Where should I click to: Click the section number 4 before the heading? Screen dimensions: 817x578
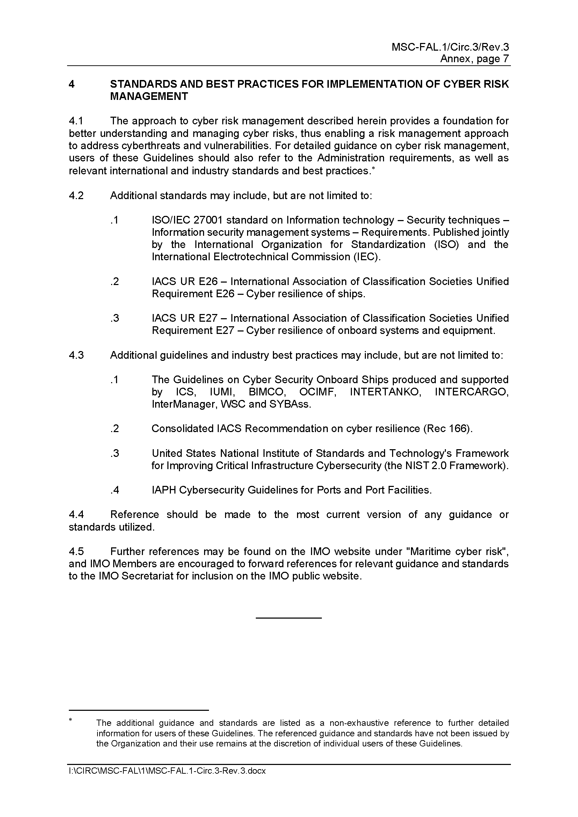click(x=72, y=84)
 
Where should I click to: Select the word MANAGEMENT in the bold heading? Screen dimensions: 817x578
click(x=149, y=96)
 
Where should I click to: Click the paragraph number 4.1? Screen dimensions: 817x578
click(x=76, y=121)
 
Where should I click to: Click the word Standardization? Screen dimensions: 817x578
click(x=388, y=245)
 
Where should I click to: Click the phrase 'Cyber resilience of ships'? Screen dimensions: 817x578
click(x=305, y=294)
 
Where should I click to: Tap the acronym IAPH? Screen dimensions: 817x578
click(x=164, y=490)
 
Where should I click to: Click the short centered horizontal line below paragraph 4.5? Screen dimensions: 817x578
click(x=289, y=618)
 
